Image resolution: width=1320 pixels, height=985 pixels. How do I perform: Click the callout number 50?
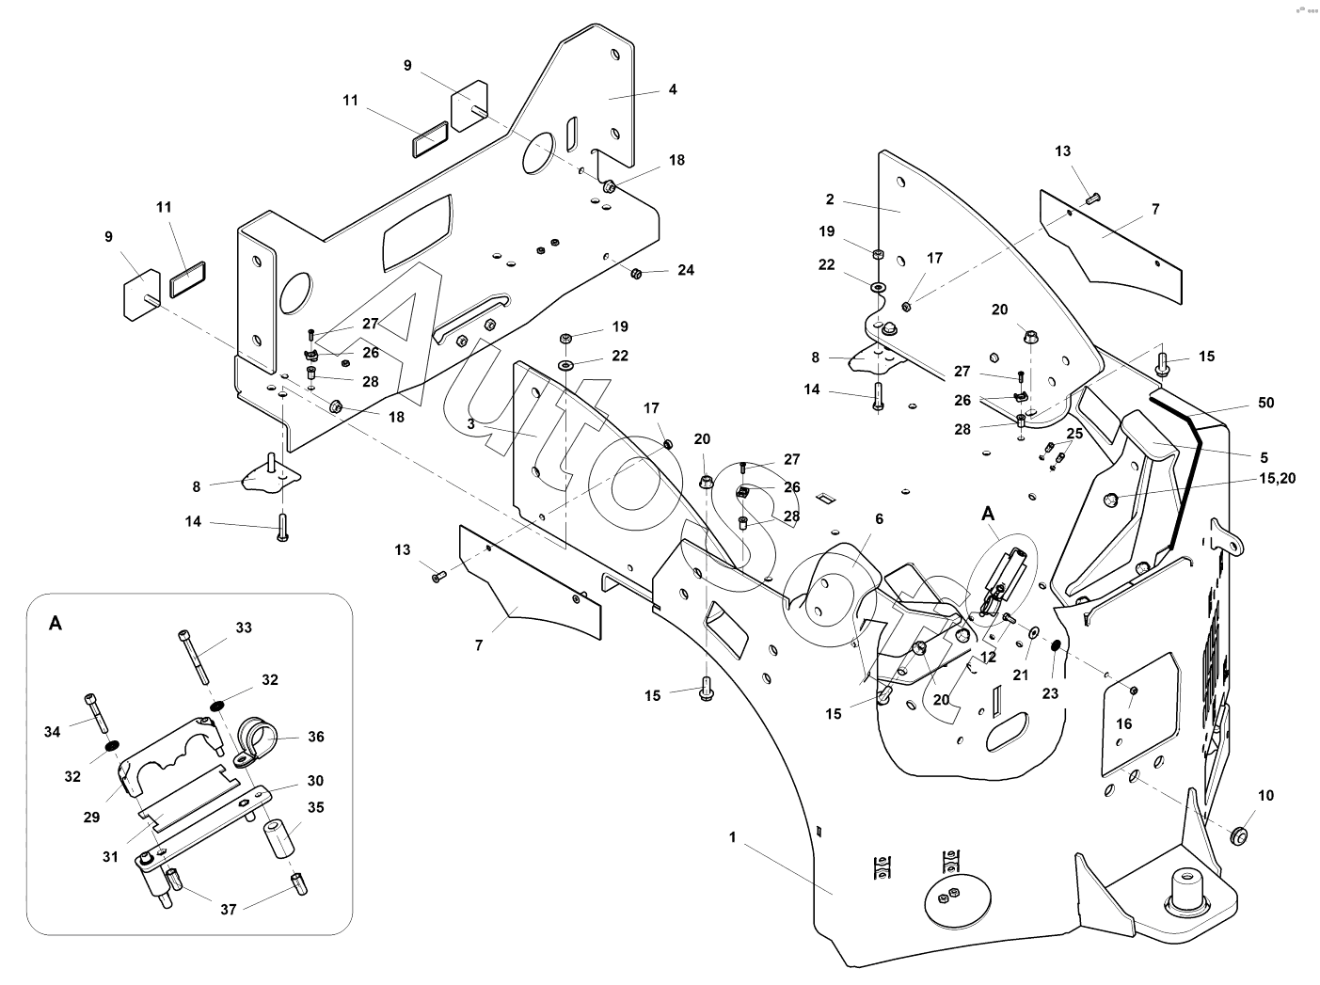1266,403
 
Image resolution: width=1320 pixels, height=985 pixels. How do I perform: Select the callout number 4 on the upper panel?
673,89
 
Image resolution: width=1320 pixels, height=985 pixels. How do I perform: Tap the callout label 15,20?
1276,478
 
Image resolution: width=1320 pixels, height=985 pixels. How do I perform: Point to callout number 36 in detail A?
316,737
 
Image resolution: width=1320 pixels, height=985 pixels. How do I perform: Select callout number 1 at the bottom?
732,836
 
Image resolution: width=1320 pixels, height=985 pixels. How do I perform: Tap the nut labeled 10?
1240,834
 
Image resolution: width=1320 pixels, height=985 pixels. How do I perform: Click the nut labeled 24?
636,273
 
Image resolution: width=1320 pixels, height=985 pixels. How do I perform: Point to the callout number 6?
879,518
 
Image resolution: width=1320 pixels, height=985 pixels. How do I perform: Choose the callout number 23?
1050,692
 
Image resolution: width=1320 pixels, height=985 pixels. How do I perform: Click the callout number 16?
1124,723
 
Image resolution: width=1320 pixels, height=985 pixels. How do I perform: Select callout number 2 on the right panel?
830,199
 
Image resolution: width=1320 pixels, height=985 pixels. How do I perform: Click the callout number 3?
470,424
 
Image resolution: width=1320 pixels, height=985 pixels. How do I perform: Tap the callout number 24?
686,270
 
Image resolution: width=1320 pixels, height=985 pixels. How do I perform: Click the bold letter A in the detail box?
56,624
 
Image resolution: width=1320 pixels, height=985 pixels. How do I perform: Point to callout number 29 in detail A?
91,817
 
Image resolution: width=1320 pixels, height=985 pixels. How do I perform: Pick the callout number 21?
1022,675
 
